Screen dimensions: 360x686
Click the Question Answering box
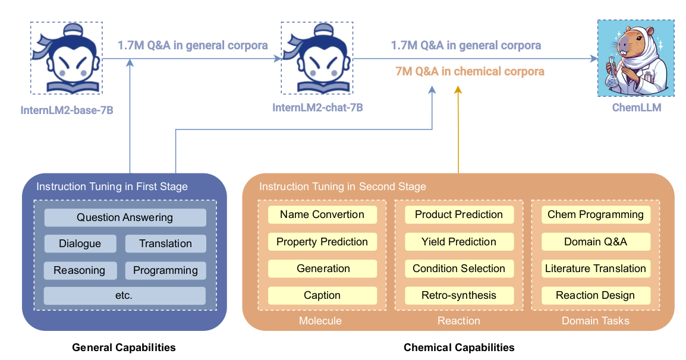pyautogui.click(x=125, y=217)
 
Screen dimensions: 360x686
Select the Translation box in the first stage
pyautogui.click(x=165, y=244)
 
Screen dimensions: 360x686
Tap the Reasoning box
pyautogui.click(x=80, y=270)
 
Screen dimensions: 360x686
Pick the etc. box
pyautogui.click(x=125, y=295)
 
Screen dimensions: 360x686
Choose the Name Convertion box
pyautogui.click(x=322, y=214)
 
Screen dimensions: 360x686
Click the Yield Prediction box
pyautogui.click(x=459, y=242)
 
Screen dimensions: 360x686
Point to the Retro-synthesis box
pyautogui.click(x=459, y=295)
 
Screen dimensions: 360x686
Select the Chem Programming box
pyautogui.click(x=596, y=214)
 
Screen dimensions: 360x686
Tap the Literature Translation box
pyautogui.click(x=596, y=269)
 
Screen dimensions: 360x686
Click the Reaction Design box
pyautogui.click(x=596, y=295)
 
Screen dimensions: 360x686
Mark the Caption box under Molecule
pyautogui.click(x=322, y=295)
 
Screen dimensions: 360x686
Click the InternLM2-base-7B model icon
pyautogui.click(x=66, y=59)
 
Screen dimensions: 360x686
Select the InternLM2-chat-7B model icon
pyautogui.click(x=317, y=59)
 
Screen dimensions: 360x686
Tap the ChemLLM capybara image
pyautogui.click(x=636, y=58)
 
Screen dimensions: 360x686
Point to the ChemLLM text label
pyautogui.click(x=636, y=108)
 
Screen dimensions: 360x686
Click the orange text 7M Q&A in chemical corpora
pyautogui.click(x=470, y=71)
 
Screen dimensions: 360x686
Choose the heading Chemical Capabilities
pyautogui.click(x=459, y=348)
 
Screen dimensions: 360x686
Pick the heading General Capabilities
pyautogui.click(x=124, y=348)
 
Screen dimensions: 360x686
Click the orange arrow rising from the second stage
pyautogui.click(x=458, y=131)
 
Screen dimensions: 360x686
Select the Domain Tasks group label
pyautogui.click(x=596, y=321)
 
